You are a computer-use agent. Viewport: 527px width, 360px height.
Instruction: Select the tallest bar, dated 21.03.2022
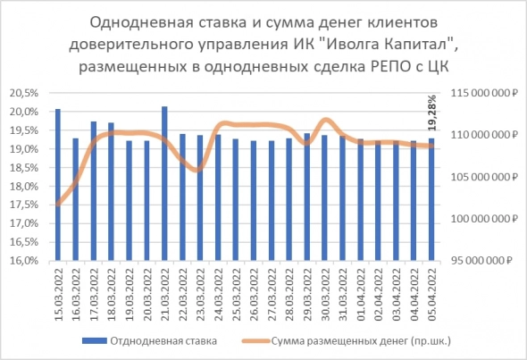click(164, 183)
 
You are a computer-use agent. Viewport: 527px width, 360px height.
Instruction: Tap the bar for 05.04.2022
click(431, 199)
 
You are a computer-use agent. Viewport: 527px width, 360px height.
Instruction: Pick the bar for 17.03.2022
click(94, 191)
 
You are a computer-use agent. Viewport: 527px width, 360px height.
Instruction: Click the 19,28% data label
click(433, 113)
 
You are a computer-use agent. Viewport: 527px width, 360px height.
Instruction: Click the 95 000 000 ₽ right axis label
click(487, 261)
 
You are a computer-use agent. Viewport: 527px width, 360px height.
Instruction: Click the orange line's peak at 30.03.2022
click(324, 120)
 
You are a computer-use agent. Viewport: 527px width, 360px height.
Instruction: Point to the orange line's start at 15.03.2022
click(58, 205)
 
